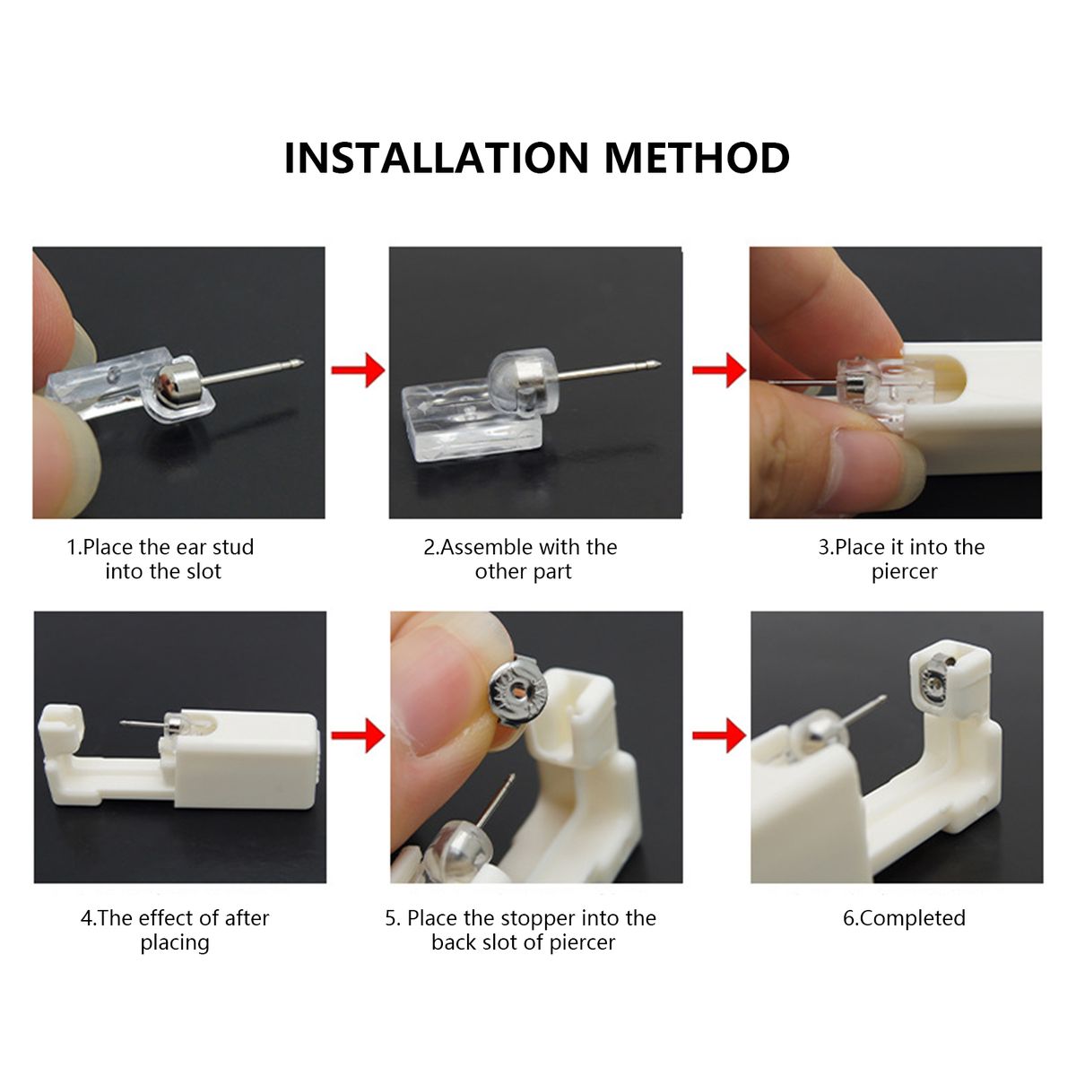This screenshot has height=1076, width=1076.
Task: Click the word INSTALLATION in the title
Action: pyautogui.click(x=437, y=158)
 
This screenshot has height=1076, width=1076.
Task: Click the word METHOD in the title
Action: pyautogui.click(x=697, y=158)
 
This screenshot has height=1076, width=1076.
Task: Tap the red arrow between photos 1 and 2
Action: pyautogui.click(x=358, y=369)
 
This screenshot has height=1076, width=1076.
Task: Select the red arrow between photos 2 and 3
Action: pyautogui.click(x=719, y=369)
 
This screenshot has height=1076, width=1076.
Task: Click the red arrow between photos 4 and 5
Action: pyautogui.click(x=358, y=735)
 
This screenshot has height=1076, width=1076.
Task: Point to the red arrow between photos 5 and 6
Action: pyautogui.click(x=719, y=735)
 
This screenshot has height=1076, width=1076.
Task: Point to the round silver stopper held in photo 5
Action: pyautogui.click(x=518, y=691)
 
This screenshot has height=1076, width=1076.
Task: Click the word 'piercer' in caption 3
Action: pyautogui.click(x=905, y=572)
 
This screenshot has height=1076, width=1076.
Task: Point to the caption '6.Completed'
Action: pyautogui.click(x=904, y=918)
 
